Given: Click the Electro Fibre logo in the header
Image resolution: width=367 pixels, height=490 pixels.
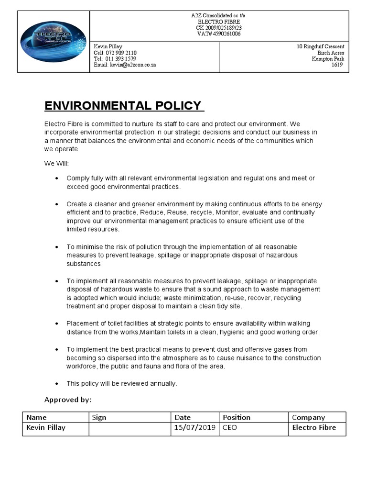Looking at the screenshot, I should pyautogui.click(x=53, y=42).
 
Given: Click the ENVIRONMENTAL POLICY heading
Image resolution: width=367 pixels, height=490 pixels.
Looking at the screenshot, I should pyautogui.click(x=123, y=105).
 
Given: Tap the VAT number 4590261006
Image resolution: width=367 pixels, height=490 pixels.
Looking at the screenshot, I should pyautogui.click(x=225, y=34).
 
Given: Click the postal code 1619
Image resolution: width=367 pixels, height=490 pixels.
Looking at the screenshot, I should pyautogui.click(x=337, y=65).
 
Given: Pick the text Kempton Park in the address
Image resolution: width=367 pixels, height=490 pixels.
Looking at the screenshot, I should pyautogui.click(x=328, y=59).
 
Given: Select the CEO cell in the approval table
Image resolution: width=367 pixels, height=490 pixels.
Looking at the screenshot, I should pyautogui.click(x=230, y=427).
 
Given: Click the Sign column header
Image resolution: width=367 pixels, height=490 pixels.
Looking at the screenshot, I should pyautogui.click(x=99, y=417).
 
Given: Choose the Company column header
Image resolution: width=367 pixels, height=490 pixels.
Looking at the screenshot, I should pyautogui.click(x=308, y=417).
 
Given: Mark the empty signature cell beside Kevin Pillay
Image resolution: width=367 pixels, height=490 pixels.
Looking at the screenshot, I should pyautogui.click(x=130, y=428).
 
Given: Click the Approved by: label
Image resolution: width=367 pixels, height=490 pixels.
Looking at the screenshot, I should pyautogui.click(x=68, y=400).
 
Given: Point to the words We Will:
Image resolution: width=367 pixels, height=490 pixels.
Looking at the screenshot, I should pyautogui.click(x=57, y=164).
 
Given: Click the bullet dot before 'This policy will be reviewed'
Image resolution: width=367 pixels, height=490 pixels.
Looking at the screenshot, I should pyautogui.click(x=57, y=384).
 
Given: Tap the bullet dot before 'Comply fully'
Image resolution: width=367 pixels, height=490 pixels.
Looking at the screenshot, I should pyautogui.click(x=57, y=178).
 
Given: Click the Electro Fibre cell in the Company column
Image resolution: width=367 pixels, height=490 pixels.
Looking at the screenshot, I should pyautogui.click(x=314, y=427).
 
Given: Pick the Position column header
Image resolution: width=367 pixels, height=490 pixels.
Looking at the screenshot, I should pyautogui.click(x=237, y=417).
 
